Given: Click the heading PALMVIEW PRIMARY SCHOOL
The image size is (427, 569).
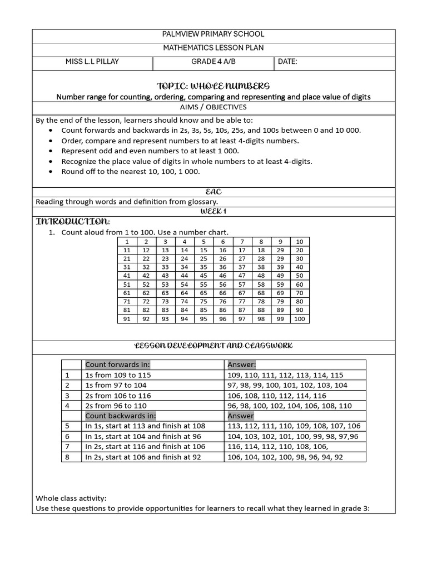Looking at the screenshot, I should point(213,34).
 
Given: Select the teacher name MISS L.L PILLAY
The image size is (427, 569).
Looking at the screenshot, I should point(92,62).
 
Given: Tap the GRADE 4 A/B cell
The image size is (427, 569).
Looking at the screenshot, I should point(213,62).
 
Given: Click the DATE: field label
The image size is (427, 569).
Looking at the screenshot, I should point(287,62).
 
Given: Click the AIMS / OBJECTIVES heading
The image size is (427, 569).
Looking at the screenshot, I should point(213,107).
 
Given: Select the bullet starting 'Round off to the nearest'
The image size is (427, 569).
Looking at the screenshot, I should point(130,172).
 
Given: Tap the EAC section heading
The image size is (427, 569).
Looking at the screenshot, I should point(213,192).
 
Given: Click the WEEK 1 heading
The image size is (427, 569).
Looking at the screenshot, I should point(213,212).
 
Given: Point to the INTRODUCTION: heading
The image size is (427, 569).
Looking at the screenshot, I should point(69,222).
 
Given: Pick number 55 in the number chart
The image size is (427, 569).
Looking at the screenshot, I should point(203,284).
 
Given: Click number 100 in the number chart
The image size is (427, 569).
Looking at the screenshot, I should point(300,319).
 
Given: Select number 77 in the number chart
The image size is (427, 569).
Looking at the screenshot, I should point(242,301).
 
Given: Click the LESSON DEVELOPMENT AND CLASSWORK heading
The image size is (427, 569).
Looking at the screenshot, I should point(213,346).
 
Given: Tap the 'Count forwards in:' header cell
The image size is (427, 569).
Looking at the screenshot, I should point(117,365).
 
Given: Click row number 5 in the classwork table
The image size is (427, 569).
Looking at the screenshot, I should point(67,426).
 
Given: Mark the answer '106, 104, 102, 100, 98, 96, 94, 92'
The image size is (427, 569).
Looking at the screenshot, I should point(285,457).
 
